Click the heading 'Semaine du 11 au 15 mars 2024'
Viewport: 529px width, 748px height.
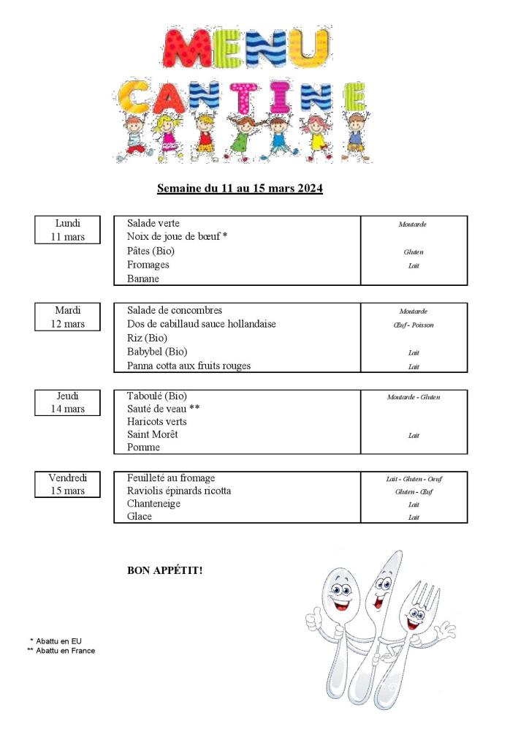(240, 189)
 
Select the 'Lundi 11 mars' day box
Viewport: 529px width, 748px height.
(67, 230)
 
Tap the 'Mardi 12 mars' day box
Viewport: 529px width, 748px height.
(67, 317)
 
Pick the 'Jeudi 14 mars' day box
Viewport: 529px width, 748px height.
(67, 402)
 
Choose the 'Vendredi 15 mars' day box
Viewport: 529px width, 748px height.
(67, 484)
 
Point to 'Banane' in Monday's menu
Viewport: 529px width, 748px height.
(143, 279)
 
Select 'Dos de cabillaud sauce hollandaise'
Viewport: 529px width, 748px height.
(202, 324)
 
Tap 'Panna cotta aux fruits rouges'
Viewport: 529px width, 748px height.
(189, 366)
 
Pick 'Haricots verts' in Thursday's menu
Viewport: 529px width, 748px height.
(156, 422)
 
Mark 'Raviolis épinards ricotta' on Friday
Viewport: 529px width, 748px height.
(179, 491)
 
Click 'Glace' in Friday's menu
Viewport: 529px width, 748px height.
(140, 517)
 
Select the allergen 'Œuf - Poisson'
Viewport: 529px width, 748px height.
(413, 325)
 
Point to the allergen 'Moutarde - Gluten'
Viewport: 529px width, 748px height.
(414, 397)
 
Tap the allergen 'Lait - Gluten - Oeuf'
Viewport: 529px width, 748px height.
(414, 479)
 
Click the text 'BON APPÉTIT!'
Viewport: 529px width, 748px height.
(164, 570)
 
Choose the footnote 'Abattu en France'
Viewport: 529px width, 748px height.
(65, 651)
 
